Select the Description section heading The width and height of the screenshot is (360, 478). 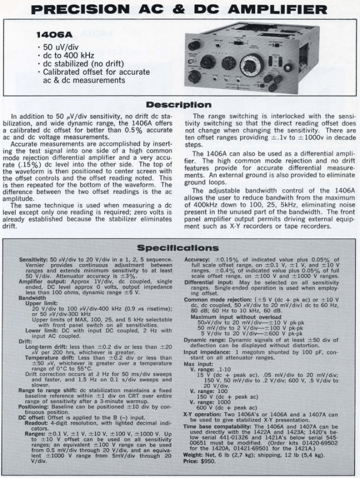pos(179,105)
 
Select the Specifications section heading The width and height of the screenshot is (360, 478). pos(179,248)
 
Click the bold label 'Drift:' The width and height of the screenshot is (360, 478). pos(25,341)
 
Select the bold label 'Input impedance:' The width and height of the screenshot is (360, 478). pos(206,366)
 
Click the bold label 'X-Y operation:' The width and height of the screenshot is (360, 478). pos(203,414)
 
